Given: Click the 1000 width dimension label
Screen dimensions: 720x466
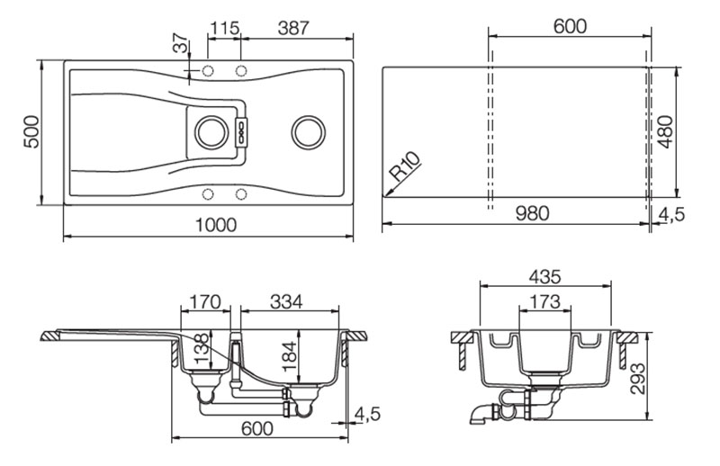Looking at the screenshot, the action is point(216,225).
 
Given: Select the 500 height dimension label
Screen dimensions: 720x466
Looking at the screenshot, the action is point(31,131).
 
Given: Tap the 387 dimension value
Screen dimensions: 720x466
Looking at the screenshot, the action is point(293,29).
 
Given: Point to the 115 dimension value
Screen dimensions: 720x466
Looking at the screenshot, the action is point(224,29).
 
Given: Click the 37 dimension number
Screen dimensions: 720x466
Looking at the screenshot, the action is point(181,42).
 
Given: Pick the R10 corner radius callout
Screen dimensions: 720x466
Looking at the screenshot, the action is point(405,166).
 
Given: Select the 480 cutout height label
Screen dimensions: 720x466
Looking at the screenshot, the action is point(665,132).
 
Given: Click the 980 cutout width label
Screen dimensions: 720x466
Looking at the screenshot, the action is point(532,213).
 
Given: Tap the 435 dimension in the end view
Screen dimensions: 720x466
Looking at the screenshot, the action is point(544,277).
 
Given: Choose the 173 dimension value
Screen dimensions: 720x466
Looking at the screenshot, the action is point(544,301).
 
